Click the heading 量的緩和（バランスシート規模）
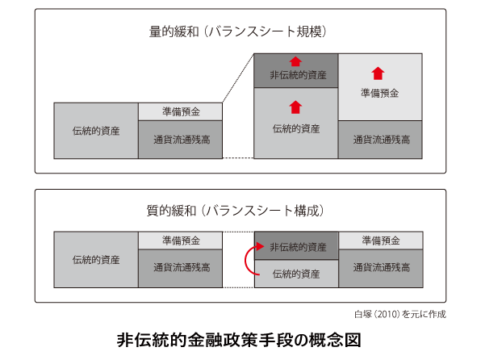point(238,32)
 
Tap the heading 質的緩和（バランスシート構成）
point(236,211)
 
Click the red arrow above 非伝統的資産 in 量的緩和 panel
point(295,61)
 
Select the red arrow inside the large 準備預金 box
point(378,73)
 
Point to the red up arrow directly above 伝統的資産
point(295,107)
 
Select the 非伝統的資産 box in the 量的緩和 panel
point(296,70)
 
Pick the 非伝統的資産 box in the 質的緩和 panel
point(297,246)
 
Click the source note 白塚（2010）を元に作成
point(400,314)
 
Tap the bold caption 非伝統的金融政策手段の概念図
point(239,340)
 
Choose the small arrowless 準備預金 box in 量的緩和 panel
point(181,111)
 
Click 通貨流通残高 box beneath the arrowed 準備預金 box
point(380,140)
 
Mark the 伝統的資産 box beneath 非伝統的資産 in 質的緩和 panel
point(297,274)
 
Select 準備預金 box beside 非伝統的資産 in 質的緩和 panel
point(381,241)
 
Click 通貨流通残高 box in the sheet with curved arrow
point(381,269)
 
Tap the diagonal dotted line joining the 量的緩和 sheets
point(238,78)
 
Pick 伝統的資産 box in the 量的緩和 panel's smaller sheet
point(96,131)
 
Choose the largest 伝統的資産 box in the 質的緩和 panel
point(96,260)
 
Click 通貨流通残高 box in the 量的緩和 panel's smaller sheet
point(181,140)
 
